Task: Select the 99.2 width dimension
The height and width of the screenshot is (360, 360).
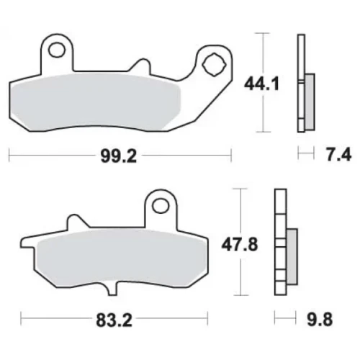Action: coord(119,156)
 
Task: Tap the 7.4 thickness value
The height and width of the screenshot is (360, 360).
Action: coord(338,155)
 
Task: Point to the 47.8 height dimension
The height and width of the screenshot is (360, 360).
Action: coord(240,245)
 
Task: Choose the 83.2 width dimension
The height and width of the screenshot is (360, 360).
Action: coord(114,320)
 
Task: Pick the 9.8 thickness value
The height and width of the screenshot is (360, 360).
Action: coord(320,320)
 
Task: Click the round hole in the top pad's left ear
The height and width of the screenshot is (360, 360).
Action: coord(57,50)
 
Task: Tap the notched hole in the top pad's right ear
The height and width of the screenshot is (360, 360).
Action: coord(213,65)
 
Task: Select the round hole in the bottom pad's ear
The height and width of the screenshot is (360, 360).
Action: coord(161,205)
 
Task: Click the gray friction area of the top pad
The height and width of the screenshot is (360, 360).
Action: coord(96,103)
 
